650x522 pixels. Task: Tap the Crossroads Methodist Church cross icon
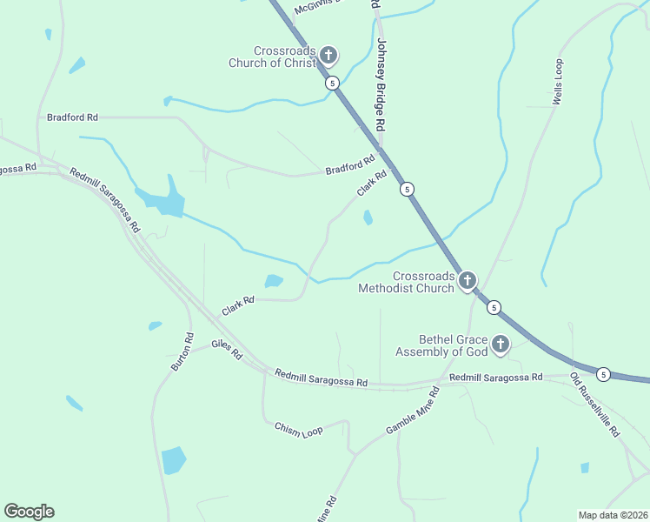[468, 280]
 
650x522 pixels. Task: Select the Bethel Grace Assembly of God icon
[501, 345]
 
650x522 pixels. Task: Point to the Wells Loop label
[559, 83]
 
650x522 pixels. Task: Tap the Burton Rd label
[182, 351]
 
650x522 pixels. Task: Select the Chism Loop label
[298, 430]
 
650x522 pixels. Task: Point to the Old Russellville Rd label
[595, 405]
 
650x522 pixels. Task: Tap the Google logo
[29, 512]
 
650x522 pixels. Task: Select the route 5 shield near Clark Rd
[407, 189]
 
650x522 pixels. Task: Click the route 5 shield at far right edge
[604, 374]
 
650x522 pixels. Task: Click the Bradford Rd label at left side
[72, 117]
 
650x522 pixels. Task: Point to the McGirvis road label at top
[320, 6]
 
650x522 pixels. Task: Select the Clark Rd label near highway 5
[371, 183]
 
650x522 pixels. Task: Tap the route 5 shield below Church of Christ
[332, 84]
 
